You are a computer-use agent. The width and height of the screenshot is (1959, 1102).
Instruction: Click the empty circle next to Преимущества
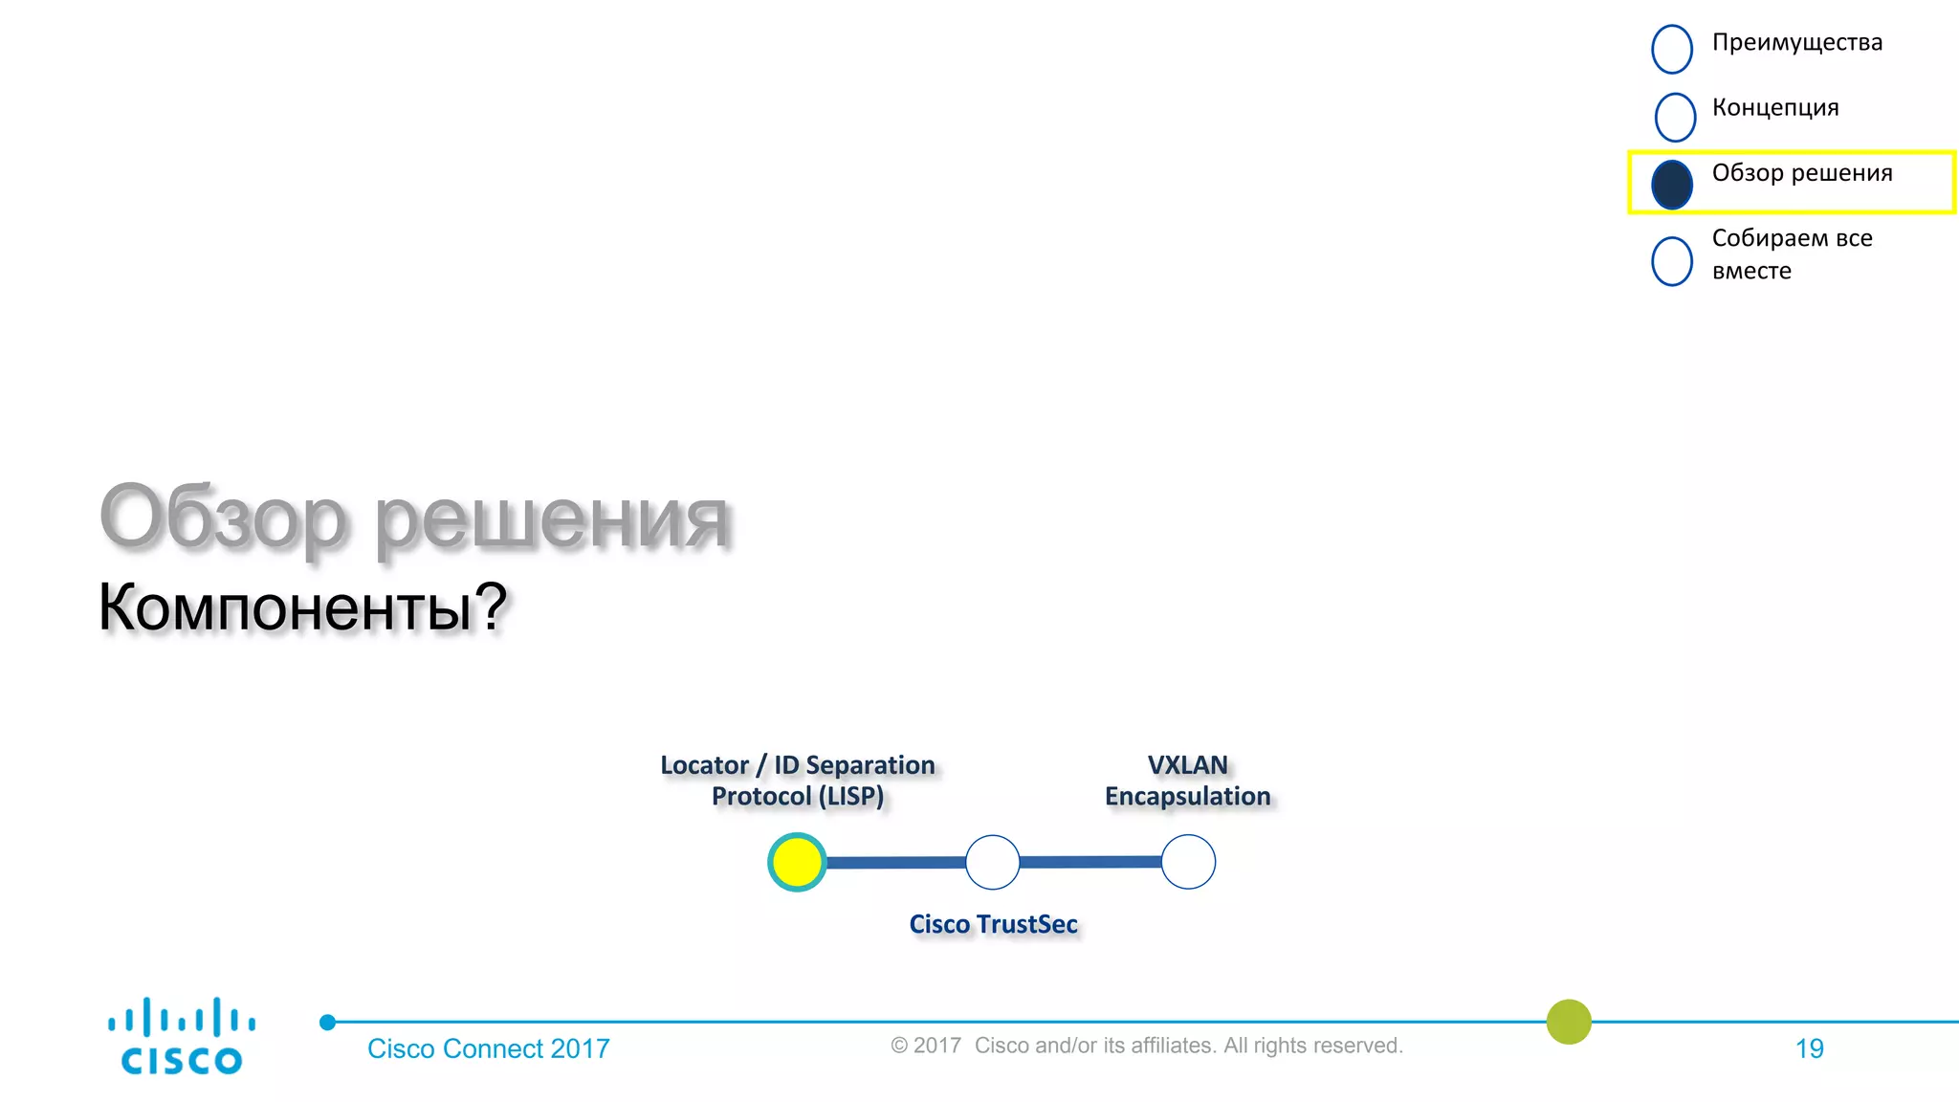click(x=1672, y=49)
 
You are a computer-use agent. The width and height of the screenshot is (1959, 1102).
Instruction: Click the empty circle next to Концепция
click(x=1675, y=116)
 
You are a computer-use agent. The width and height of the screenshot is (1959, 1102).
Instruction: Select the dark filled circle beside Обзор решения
click(x=1672, y=185)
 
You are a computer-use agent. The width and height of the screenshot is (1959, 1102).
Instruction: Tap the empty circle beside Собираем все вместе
click(x=1672, y=260)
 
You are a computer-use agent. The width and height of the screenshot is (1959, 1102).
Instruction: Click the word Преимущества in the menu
click(x=1796, y=43)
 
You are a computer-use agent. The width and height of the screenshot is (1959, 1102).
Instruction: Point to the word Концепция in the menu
click(x=1774, y=108)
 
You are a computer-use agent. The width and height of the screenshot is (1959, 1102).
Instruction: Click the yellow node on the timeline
click(x=797, y=862)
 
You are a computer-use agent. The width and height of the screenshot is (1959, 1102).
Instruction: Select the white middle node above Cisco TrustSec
click(x=993, y=862)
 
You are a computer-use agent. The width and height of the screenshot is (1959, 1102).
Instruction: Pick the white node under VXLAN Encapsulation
click(x=1188, y=862)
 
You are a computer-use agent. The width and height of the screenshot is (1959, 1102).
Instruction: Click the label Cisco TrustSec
click(x=993, y=924)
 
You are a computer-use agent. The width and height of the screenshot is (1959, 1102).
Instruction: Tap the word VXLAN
click(x=1187, y=765)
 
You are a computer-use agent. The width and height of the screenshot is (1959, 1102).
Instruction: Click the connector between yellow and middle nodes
click(x=895, y=863)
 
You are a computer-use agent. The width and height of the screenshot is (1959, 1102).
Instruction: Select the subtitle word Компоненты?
click(x=302, y=606)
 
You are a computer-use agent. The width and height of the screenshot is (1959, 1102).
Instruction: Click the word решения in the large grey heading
click(x=551, y=518)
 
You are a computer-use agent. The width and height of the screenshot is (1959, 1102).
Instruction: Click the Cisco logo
click(x=182, y=1037)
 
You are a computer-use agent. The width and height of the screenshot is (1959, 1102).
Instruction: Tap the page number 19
click(x=1809, y=1049)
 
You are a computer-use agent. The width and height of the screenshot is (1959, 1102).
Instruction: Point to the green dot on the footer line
click(x=1569, y=1022)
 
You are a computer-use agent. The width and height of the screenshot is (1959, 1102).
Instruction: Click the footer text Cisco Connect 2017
click(x=488, y=1049)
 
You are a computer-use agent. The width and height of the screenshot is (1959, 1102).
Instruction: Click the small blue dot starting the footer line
click(x=327, y=1023)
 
